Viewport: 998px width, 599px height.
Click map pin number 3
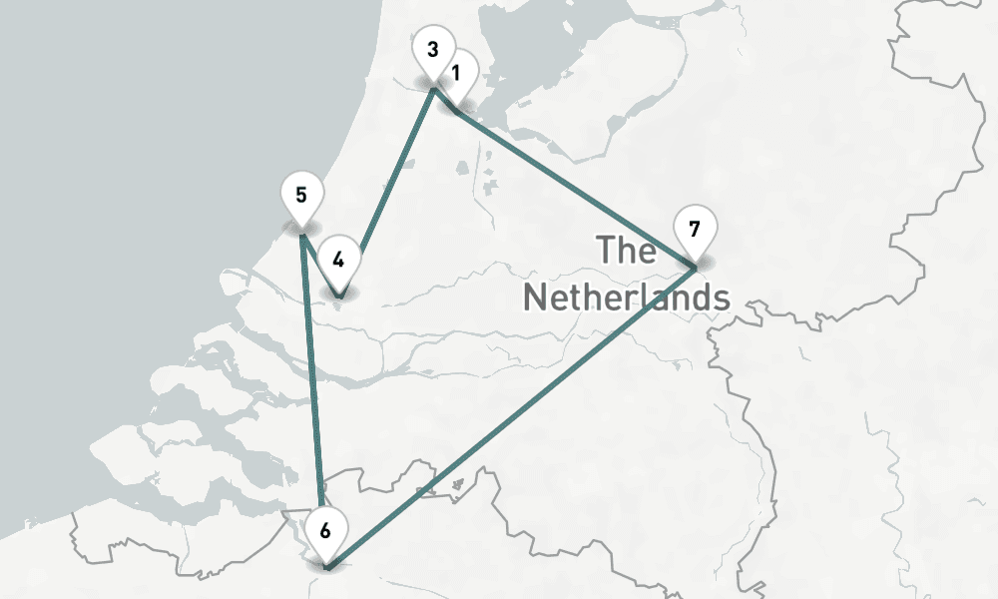pos(432,50)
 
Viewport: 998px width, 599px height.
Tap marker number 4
pos(338,260)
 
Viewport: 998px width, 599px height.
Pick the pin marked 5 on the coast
pos(301,194)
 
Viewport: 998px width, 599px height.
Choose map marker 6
pos(325,530)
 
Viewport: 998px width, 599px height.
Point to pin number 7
pos(695,229)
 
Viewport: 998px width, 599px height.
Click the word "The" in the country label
pos(627,250)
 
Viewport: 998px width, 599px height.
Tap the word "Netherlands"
pos(626,297)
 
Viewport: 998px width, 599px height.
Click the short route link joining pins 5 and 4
pos(320,266)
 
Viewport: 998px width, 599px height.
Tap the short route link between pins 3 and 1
pos(445,101)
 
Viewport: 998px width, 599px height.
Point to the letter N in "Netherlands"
pos(536,297)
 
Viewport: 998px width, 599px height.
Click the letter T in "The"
pos(606,250)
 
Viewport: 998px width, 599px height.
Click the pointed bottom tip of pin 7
pos(695,268)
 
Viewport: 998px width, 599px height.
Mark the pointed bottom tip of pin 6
pos(325,569)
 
